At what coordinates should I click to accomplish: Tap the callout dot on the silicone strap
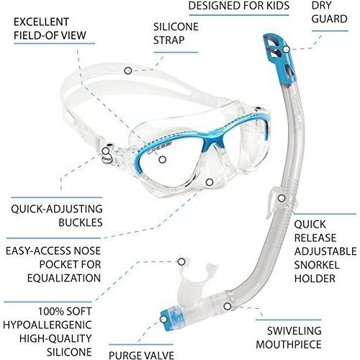128,71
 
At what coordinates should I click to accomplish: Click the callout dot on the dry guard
287,49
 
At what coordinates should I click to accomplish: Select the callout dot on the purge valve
163,319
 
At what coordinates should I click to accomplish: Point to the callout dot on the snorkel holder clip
282,198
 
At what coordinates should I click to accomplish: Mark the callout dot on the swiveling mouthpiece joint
228,306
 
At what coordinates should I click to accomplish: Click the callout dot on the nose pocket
210,182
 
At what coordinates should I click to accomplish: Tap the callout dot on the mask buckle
105,151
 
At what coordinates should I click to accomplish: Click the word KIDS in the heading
275,6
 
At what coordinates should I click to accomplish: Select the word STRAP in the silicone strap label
168,40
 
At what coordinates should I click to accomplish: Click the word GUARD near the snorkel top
330,19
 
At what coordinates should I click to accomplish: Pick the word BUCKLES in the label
81,222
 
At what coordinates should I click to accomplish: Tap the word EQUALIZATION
64,278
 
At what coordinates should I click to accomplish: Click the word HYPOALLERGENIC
48,325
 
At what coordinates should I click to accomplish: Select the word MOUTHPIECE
289,345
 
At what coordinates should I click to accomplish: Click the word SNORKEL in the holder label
317,265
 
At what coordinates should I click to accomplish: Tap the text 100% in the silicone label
50,312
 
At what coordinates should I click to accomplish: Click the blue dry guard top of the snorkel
280,58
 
